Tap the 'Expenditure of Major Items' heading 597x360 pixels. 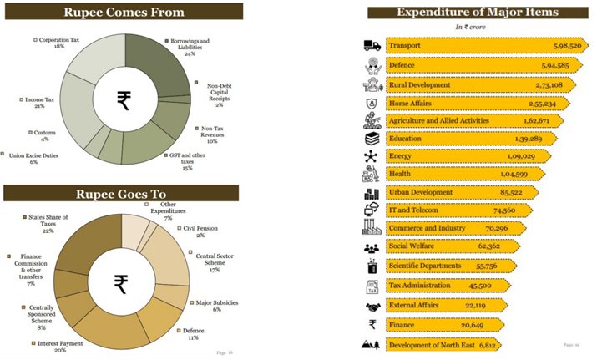(477, 12)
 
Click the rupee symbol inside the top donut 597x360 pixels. (124, 101)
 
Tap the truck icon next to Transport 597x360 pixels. (372, 46)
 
